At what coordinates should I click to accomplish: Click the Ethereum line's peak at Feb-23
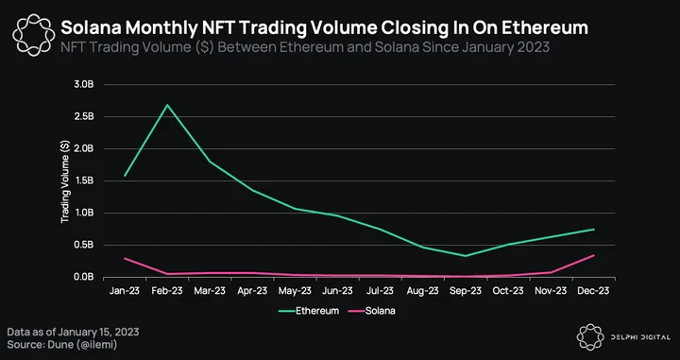(167, 105)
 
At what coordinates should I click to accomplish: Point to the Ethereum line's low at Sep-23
(466, 256)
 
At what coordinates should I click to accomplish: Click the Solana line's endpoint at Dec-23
(594, 255)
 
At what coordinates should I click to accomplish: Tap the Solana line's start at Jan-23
(125, 259)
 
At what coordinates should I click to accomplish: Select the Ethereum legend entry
(308, 311)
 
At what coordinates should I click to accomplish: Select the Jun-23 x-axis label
(337, 291)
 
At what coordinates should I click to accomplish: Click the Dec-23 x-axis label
(593, 291)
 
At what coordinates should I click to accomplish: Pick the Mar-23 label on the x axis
(210, 291)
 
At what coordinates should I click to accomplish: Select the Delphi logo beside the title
(34, 35)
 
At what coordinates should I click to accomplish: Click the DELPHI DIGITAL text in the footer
(639, 337)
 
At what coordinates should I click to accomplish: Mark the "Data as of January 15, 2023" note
(73, 333)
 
